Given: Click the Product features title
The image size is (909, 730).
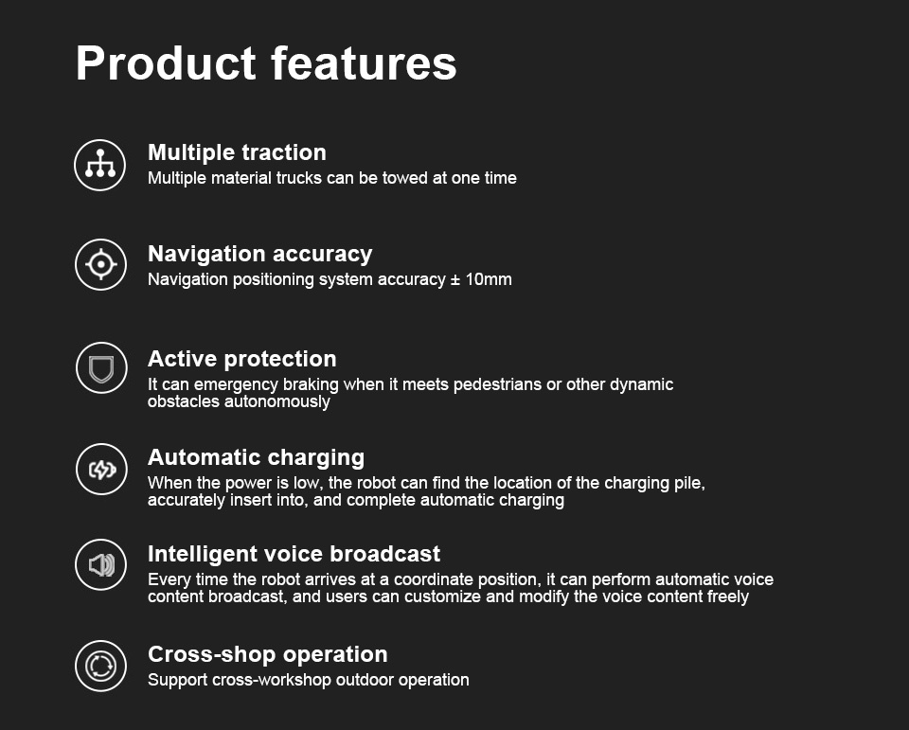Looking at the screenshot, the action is coord(266,63).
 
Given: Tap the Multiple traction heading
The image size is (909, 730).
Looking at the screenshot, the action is coord(237,152).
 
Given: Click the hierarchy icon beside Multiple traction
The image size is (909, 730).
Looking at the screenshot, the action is coord(99,165).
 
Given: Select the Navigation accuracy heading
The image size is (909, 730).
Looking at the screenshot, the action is coord(259,254).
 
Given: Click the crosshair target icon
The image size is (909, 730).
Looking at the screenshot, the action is coord(101,264).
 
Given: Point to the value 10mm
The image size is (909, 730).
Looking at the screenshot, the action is coord(489,279).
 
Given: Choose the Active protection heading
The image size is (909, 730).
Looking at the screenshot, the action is coord(241,359).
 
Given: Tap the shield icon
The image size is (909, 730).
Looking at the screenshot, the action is coord(101,367).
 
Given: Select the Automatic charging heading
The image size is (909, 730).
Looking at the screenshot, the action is coord(257,457).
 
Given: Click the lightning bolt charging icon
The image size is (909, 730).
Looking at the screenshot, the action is coord(101,469).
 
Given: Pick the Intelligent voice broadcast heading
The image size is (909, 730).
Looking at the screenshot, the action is coord(294,554).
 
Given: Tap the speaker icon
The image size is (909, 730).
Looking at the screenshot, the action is coord(101,564).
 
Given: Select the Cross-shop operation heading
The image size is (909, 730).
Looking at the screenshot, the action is coord(267,654).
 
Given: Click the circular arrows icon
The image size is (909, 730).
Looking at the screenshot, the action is coord(101,666).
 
